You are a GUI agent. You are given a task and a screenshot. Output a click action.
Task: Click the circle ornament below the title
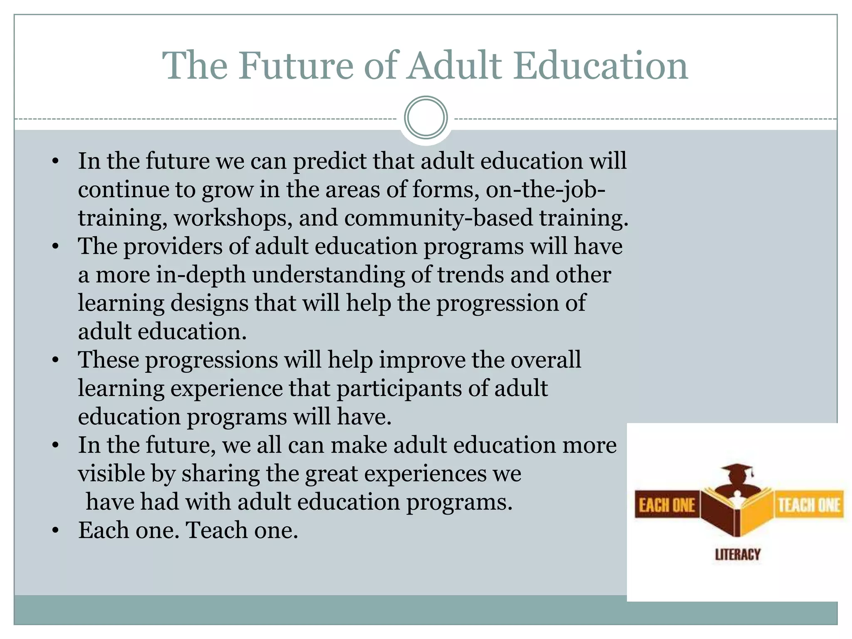tap(426, 117)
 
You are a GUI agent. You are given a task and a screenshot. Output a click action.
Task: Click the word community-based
tap(438, 218)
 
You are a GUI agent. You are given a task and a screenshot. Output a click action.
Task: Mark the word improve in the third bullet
tap(422, 360)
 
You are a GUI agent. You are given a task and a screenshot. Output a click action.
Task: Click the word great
tap(331, 474)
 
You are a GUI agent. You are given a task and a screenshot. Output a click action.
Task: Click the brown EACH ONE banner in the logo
tap(666, 505)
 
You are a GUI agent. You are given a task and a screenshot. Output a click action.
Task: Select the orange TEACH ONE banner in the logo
tap(809, 505)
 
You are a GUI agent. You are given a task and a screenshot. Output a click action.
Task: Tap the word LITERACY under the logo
tap(738, 555)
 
